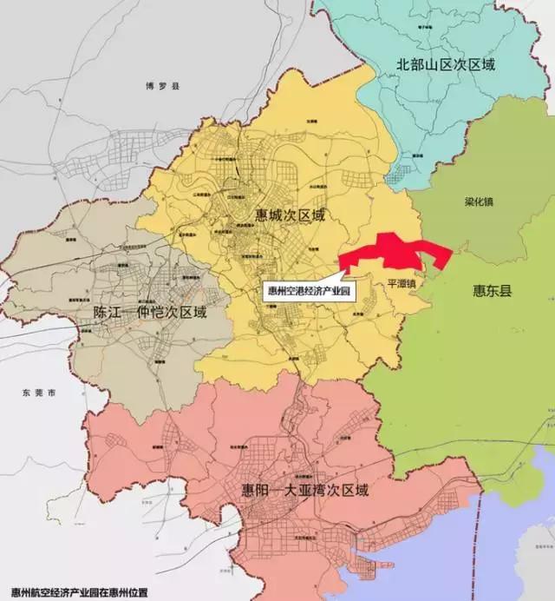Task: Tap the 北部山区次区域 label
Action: coord(445,64)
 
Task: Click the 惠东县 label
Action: coord(493,291)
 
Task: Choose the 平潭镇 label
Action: coord(402,283)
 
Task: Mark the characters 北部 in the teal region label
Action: coord(409,64)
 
